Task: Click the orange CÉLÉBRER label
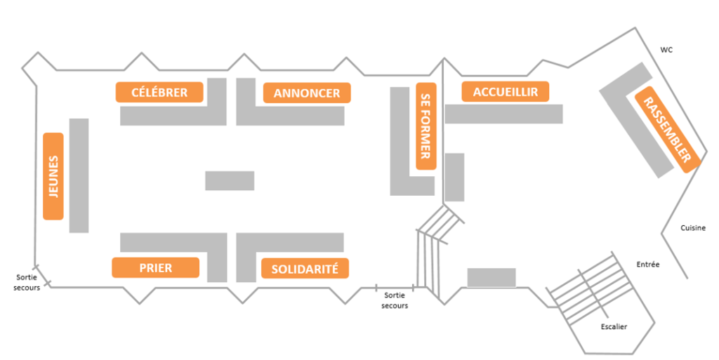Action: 159,92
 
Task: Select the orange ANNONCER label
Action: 307,93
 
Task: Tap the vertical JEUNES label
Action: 53,175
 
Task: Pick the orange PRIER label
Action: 155,267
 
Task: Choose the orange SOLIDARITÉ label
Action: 304,268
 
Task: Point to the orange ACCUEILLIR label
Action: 505,92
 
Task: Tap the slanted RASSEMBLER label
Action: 667,129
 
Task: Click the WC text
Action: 666,50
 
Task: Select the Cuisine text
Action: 693,228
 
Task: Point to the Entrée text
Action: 647,264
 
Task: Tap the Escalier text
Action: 614,327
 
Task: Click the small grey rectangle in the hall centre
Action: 230,180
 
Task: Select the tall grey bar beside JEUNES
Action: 79,175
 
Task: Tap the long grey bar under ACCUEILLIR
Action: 504,114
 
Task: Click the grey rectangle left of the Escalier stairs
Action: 492,278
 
